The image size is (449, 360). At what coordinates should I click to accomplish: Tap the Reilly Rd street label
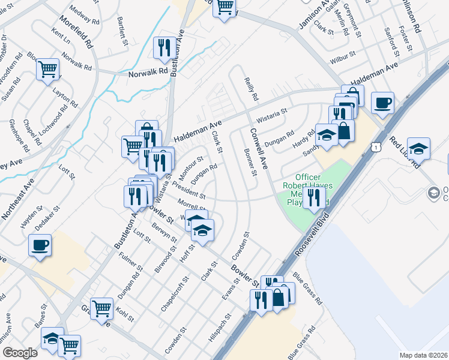[x=250, y=88]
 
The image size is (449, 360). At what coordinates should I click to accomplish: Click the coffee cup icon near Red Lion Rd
[x=382, y=103]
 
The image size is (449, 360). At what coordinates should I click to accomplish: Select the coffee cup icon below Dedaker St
[x=40, y=245]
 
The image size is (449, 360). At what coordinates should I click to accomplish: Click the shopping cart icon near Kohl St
[x=101, y=308]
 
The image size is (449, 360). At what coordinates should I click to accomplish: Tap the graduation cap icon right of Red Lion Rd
[x=418, y=148]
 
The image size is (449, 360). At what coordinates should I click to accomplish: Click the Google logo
[x=20, y=353]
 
